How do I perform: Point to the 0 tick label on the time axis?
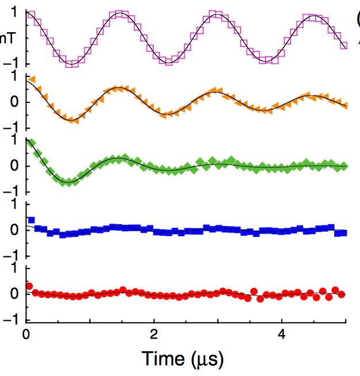[26, 334]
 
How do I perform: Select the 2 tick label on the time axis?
[154, 334]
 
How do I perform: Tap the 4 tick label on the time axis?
[281, 334]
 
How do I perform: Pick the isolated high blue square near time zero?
[32, 220]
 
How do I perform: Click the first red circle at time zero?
[29, 286]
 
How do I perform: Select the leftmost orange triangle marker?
[33, 79]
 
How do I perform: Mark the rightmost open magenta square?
[343, 45]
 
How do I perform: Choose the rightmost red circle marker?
[342, 294]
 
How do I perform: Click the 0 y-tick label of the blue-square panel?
[14, 230]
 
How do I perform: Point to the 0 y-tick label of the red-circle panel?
[14, 294]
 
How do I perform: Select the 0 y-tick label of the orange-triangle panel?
[14, 102]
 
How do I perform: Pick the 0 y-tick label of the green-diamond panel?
[14, 166]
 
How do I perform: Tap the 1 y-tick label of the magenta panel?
[14, 12]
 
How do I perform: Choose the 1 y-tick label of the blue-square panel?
[14, 205]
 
